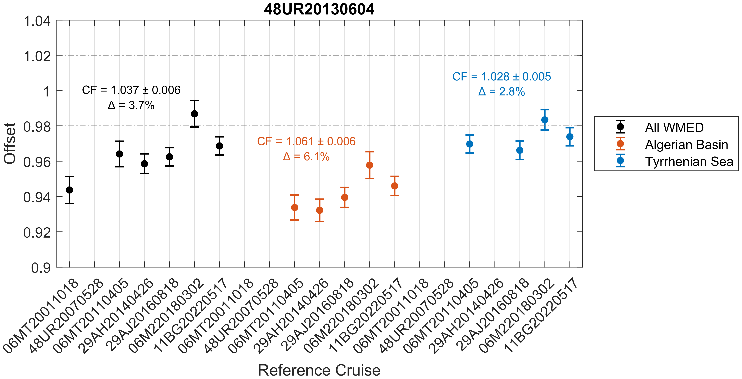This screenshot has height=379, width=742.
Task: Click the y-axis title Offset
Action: [x=10, y=143]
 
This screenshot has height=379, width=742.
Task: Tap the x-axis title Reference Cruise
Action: [x=319, y=370]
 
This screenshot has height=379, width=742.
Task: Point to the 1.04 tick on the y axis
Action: [x=37, y=21]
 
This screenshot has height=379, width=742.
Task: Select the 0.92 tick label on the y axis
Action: [x=37, y=233]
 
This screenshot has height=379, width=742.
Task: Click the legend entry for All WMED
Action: [x=674, y=127]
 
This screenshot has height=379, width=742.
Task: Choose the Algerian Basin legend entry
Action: [x=686, y=145]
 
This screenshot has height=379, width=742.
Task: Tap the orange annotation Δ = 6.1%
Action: [x=306, y=157]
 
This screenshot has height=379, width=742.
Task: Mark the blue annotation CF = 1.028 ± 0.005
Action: [x=502, y=76]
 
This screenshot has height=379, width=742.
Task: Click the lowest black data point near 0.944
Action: [x=69, y=190]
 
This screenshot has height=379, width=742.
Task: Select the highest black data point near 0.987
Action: [x=194, y=114]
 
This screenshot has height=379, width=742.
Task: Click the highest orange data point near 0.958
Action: [x=370, y=165]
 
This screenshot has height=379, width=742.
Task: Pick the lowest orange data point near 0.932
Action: [x=319, y=210]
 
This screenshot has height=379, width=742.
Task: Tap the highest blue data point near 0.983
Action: [x=545, y=120]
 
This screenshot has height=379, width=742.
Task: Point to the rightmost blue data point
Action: [x=570, y=137]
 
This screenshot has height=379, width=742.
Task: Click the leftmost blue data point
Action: [x=470, y=144]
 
